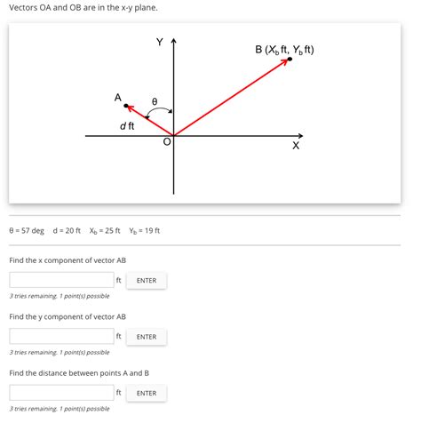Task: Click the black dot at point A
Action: point(126,106)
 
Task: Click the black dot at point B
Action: point(289,60)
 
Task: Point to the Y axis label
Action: point(160,42)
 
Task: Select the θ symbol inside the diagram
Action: point(155,102)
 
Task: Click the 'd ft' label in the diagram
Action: point(127,126)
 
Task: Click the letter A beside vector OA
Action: point(117,97)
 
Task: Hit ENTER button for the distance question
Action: point(147,393)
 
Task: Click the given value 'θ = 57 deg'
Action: point(27,231)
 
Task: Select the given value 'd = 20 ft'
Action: point(67,231)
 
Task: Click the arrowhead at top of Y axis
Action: point(174,41)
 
